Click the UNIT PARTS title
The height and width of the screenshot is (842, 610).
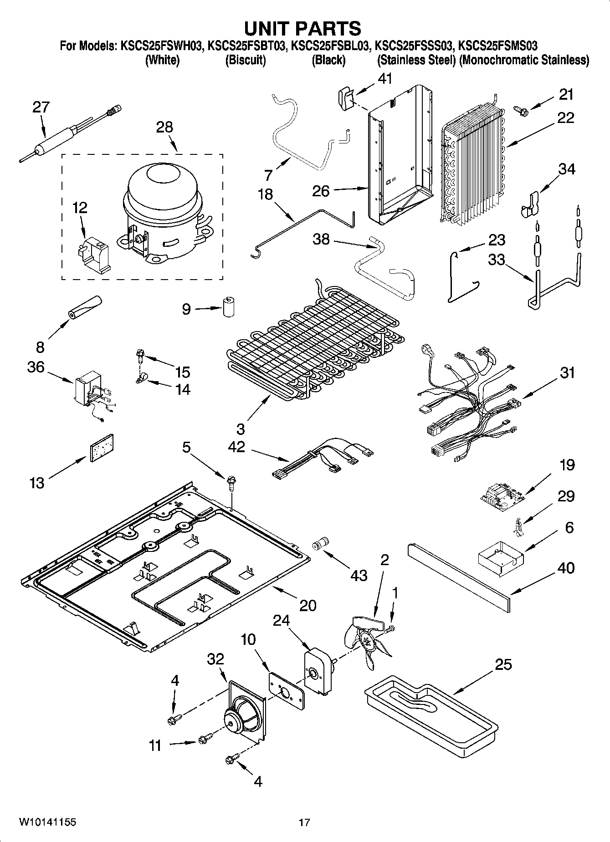coord(302,28)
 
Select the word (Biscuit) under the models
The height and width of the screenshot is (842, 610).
coord(246,60)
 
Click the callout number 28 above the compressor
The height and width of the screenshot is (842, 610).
coord(164,127)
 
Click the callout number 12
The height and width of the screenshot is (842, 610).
coord(80,208)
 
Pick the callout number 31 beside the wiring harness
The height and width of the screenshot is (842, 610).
coord(568,373)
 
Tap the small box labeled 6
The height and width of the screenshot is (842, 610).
coord(500,556)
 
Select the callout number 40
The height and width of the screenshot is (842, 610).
coord(565,568)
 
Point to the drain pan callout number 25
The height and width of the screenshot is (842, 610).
coord(503,664)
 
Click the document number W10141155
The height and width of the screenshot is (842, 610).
coord(47,822)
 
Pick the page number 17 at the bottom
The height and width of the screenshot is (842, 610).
coord(304,822)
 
